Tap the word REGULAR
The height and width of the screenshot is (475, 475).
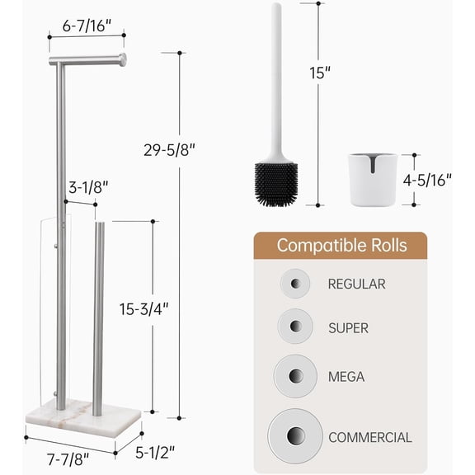point(356,285)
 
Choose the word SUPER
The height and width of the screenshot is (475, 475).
point(348,328)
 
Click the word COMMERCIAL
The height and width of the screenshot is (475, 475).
point(369,437)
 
